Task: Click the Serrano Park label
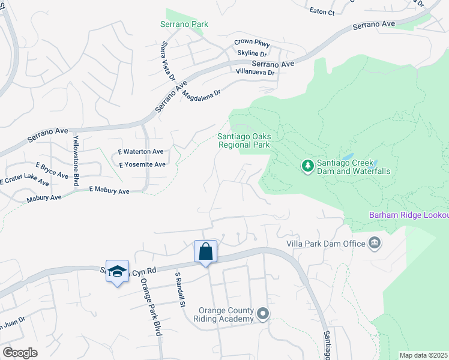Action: [x=184, y=24]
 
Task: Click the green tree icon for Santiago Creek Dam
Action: [x=307, y=164]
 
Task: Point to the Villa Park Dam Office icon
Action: [x=375, y=243]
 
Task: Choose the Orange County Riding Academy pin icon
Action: [x=263, y=314]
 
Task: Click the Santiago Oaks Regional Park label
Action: [x=243, y=140]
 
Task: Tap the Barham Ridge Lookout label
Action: [x=408, y=215]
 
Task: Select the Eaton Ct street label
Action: [x=322, y=11]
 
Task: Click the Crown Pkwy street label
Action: [x=252, y=43]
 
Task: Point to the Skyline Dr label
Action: [x=252, y=53]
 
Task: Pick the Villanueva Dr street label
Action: [x=255, y=72]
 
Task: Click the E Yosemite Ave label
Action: [x=142, y=164]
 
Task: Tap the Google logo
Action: [x=19, y=352]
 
